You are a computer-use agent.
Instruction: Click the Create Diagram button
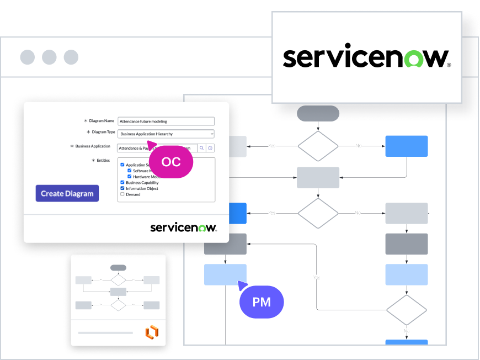(67, 193)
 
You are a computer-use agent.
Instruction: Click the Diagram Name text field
(166, 121)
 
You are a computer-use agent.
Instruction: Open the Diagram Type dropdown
(166, 134)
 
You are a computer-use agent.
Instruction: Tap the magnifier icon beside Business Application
(202, 148)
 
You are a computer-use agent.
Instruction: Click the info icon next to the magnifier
(210, 148)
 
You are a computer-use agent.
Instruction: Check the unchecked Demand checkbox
(122, 194)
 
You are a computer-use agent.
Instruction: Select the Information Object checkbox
(122, 188)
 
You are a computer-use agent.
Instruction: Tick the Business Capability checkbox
(122, 183)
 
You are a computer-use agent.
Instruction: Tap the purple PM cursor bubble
(262, 302)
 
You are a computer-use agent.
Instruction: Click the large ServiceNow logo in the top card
(366, 57)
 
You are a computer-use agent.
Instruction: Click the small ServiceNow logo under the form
(183, 227)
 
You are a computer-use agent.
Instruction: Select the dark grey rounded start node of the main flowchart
(318, 113)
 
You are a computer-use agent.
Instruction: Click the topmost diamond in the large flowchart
(318, 146)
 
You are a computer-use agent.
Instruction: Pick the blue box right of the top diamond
(406, 146)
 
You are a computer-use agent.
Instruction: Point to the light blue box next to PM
(225, 274)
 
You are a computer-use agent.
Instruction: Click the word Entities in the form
(103, 160)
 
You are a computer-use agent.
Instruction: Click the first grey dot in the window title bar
(27, 57)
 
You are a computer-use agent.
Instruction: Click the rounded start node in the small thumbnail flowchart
(118, 268)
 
